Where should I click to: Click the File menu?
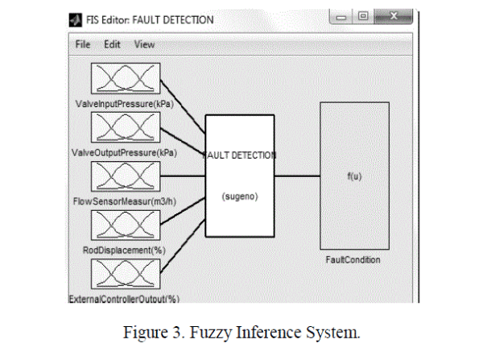click(x=83, y=44)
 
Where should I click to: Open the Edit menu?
click(x=112, y=44)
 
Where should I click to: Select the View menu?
click(x=145, y=44)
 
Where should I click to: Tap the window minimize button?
click(x=341, y=15)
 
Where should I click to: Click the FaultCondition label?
click(x=353, y=260)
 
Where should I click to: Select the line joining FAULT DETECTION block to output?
click(x=297, y=176)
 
